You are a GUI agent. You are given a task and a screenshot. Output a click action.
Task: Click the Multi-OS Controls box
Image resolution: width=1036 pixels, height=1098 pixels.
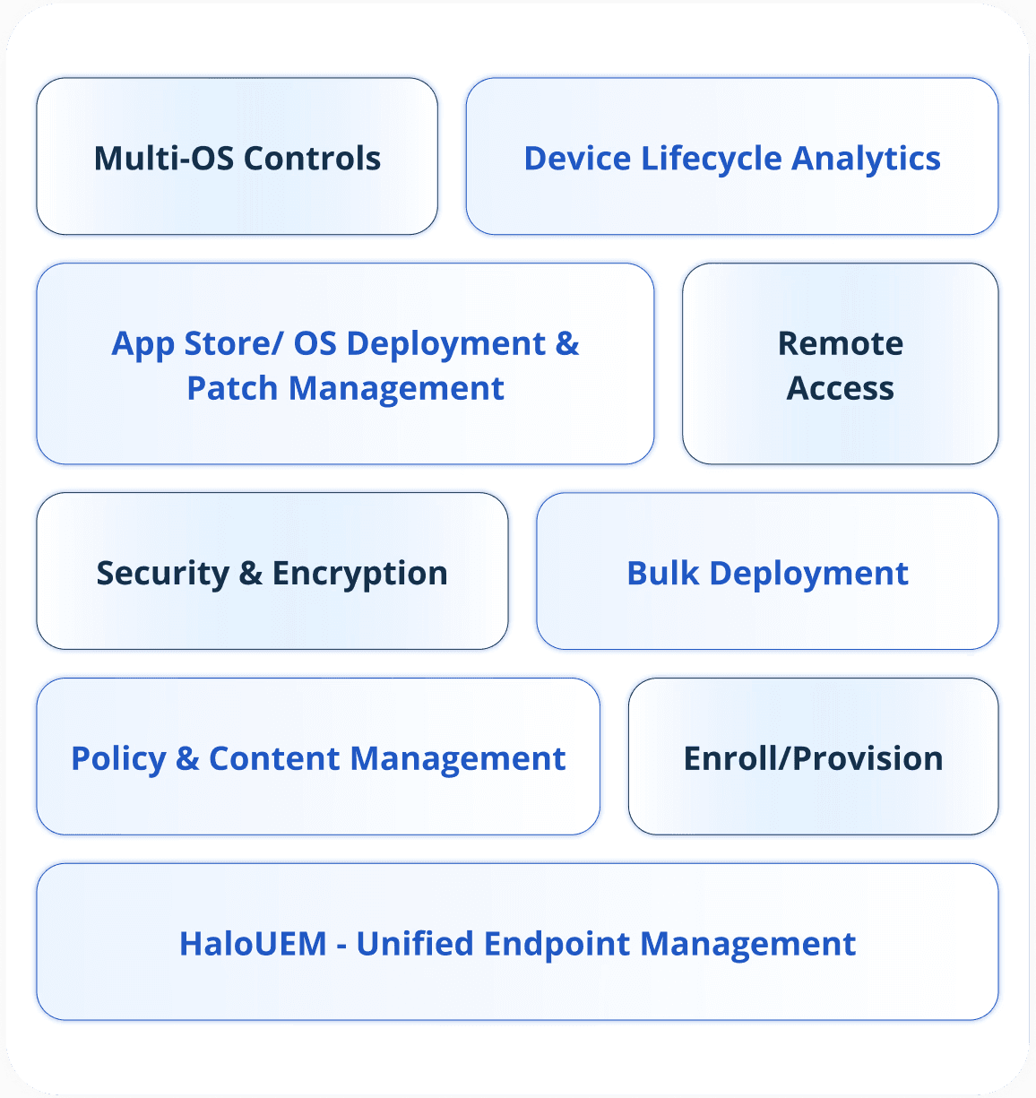pyautogui.click(x=237, y=157)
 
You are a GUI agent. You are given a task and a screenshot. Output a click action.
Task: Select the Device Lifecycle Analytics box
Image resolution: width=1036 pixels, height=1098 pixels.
pyautogui.click(x=731, y=157)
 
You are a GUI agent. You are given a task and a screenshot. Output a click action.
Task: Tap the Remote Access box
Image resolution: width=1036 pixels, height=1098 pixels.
pyautogui.click(x=840, y=364)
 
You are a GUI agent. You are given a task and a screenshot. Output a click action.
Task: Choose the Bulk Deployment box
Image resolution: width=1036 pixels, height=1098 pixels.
pyautogui.click(x=767, y=571)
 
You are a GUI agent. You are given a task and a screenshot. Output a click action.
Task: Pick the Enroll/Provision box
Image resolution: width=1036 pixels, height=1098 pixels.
pyautogui.click(x=813, y=756)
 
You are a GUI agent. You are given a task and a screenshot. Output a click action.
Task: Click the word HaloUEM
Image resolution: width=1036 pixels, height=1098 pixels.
pyautogui.click(x=253, y=944)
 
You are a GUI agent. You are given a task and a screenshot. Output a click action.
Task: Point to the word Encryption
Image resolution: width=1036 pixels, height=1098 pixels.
pyautogui.click(x=359, y=574)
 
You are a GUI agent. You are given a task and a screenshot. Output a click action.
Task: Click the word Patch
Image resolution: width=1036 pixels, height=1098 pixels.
pyautogui.click(x=232, y=388)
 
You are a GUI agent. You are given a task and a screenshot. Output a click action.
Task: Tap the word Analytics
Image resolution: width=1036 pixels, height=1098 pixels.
pyautogui.click(x=866, y=159)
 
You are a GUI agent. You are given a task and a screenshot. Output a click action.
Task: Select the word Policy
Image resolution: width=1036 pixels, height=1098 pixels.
pyautogui.click(x=118, y=759)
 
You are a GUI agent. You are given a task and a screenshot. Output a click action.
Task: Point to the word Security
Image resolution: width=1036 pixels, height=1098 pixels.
pyautogui.click(x=162, y=574)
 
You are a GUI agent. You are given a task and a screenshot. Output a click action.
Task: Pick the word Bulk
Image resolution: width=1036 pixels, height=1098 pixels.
pyautogui.click(x=662, y=573)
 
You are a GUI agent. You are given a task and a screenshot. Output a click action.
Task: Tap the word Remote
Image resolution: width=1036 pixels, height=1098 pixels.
pyautogui.click(x=841, y=343)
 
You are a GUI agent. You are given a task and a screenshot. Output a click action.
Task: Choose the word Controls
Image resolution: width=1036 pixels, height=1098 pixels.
pyautogui.click(x=312, y=158)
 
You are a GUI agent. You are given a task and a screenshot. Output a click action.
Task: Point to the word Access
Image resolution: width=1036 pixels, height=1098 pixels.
pyautogui.click(x=841, y=388)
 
